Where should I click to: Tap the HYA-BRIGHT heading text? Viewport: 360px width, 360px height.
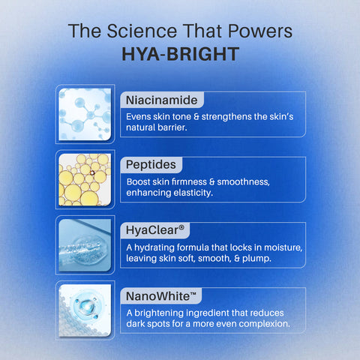pos(180,55)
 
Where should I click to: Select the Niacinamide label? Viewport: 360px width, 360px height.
pos(161,100)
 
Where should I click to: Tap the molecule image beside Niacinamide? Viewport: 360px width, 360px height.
pos(85,114)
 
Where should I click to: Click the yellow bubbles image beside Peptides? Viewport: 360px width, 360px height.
pos(85,179)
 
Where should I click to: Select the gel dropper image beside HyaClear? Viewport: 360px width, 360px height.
pos(85,244)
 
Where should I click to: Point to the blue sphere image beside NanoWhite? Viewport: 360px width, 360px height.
pos(85,310)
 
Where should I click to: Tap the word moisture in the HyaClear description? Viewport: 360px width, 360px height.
pos(278,247)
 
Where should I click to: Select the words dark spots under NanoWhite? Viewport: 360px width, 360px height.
pos(152,325)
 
